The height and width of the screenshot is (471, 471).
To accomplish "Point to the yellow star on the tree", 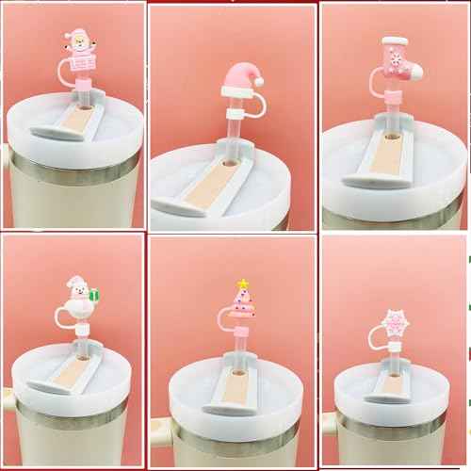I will tap(242, 283).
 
